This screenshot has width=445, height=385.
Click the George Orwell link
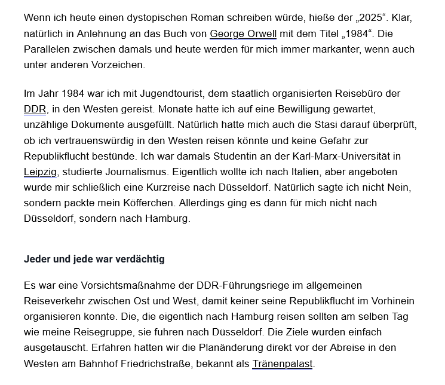click(x=243, y=33)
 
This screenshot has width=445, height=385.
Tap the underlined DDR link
click(x=35, y=110)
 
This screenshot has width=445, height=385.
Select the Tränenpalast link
click(x=283, y=363)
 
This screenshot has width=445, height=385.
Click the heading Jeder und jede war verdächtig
click(x=94, y=259)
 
